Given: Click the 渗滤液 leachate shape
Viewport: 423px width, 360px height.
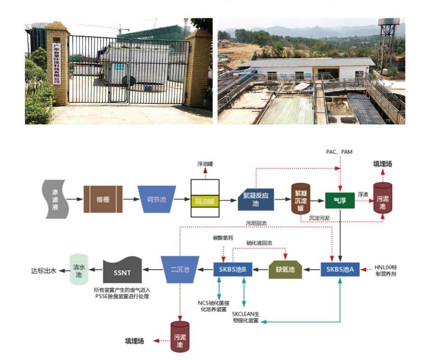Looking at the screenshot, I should [56, 199].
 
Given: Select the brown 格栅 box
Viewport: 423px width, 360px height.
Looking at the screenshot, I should [103, 199].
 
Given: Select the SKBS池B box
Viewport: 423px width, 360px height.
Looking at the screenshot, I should [233, 269].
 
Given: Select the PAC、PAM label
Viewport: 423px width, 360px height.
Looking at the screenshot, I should [339, 152].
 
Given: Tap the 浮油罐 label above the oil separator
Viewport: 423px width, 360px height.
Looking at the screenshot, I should [205, 164].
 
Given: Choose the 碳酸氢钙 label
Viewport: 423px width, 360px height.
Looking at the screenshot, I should [223, 238].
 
